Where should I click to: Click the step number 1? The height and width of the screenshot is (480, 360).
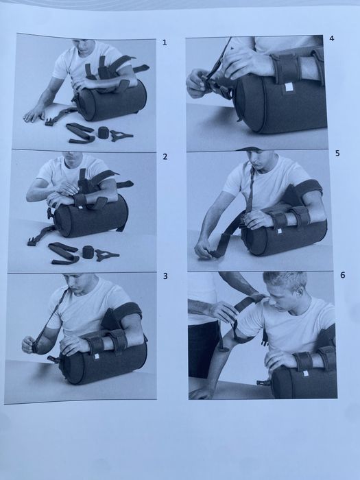pos(165,43)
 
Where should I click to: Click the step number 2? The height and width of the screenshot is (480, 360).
pos(165,157)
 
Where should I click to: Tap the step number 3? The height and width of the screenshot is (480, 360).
pos(165,276)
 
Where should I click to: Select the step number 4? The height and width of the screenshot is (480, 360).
pos(331,38)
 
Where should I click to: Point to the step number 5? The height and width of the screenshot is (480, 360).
pos(337,153)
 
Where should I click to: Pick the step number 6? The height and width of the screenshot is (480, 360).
pos(343,275)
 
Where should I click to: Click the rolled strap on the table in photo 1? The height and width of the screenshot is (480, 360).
pos(103,132)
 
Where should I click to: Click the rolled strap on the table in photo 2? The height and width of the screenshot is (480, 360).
pos(88,252)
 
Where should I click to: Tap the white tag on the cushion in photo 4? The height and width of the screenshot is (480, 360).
pos(289,87)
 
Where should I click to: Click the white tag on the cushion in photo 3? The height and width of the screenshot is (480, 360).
pos(97,356)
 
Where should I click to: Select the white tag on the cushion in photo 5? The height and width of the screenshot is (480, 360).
pos(279,231)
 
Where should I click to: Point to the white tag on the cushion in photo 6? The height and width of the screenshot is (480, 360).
pos(305,373)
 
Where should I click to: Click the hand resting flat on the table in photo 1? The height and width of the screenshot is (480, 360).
pos(34,115)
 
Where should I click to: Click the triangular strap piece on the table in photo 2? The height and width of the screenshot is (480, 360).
pos(106,255)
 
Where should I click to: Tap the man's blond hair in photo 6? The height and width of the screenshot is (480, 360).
pos(285,279)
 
